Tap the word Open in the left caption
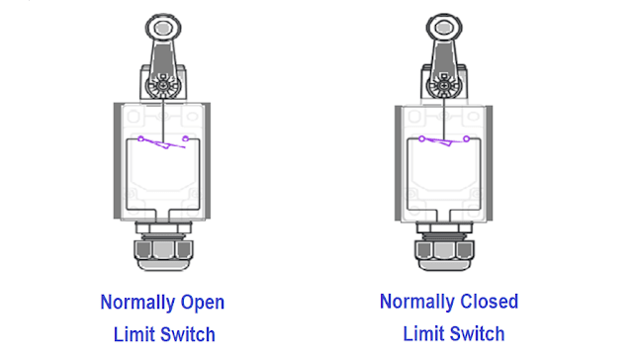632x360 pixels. (x=202, y=302)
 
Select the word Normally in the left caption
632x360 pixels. (x=137, y=302)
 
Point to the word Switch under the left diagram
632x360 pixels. (x=188, y=333)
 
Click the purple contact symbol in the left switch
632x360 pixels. (x=163, y=142)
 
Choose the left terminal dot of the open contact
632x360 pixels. (x=141, y=138)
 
